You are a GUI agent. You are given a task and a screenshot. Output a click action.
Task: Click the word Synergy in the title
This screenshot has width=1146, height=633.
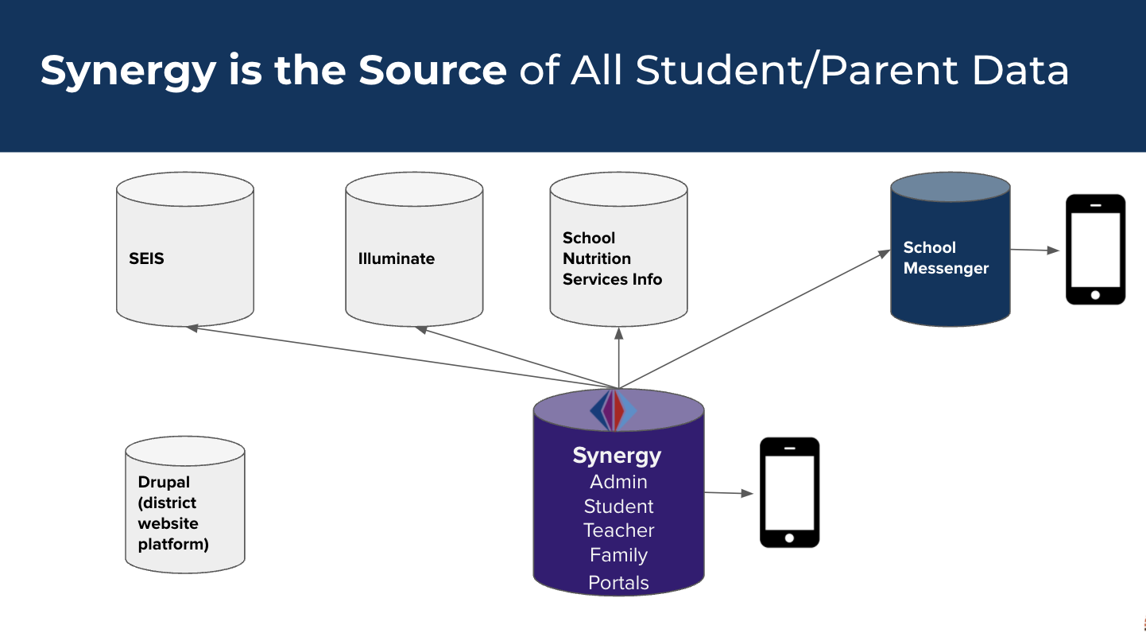click(x=128, y=70)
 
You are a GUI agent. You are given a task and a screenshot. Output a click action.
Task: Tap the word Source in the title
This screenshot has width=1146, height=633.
click(x=432, y=70)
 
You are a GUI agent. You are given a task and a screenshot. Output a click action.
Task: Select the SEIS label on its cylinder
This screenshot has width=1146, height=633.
click(x=146, y=258)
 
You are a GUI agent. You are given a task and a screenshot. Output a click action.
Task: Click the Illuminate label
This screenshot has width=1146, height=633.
click(x=396, y=258)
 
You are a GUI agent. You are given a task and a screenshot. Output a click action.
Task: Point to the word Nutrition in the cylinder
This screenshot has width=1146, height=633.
click(x=596, y=258)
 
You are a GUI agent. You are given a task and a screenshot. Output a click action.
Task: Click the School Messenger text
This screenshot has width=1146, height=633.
click(x=945, y=258)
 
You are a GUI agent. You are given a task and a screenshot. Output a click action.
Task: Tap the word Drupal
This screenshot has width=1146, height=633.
click(x=164, y=482)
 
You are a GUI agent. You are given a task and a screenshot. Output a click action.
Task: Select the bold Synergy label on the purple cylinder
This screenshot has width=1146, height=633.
click(x=617, y=456)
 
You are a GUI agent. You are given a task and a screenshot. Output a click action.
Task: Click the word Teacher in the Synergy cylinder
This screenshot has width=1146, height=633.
click(x=618, y=530)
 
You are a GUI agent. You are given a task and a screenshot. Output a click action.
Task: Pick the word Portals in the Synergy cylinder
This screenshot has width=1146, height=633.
click(x=618, y=583)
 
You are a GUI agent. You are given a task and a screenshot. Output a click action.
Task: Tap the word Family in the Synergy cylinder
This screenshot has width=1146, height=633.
click(x=618, y=555)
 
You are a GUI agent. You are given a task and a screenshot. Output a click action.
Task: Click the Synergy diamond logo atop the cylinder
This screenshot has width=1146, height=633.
click(x=613, y=410)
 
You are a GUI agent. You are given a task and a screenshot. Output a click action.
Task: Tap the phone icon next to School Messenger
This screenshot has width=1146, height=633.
click(x=1095, y=249)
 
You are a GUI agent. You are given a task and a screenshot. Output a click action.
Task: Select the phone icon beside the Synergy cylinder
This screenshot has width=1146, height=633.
click(x=789, y=492)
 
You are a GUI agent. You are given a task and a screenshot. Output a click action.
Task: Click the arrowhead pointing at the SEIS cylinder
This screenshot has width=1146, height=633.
click(x=192, y=327)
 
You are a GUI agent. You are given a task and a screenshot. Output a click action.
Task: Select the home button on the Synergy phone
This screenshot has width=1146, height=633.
click(x=789, y=538)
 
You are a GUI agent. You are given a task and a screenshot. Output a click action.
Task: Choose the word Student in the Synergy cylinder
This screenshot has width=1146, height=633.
click(x=618, y=507)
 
